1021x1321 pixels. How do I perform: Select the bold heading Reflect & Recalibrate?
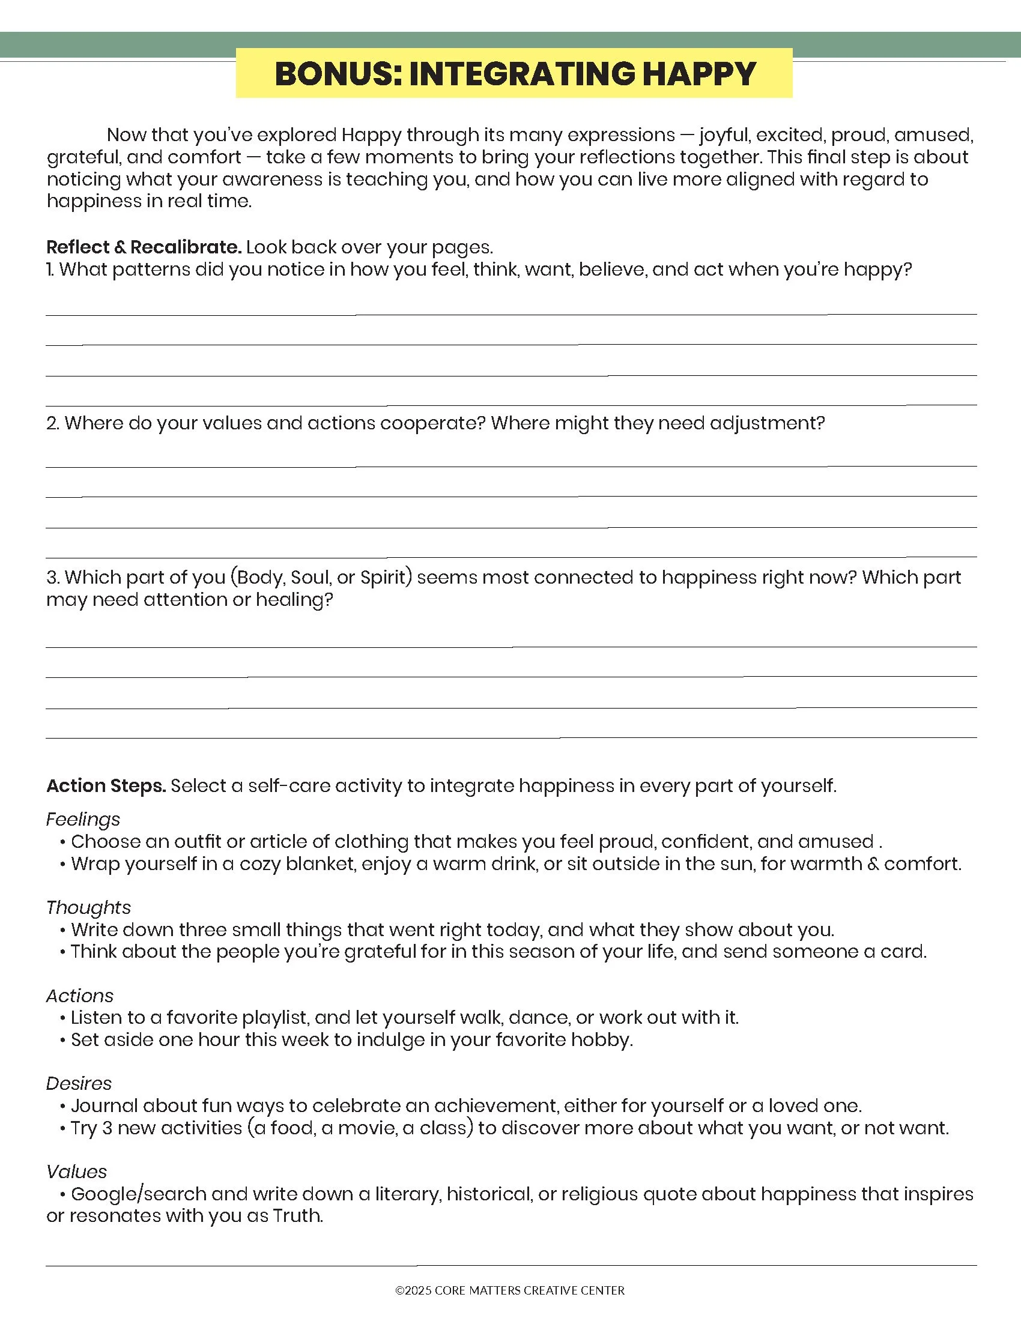tap(144, 247)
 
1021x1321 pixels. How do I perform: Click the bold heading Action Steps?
tap(106, 786)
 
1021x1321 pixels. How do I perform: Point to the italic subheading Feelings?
tap(83, 819)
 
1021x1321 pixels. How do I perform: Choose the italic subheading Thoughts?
tap(88, 907)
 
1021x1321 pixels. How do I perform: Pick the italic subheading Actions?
tap(80, 996)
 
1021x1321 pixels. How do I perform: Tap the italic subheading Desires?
tap(79, 1083)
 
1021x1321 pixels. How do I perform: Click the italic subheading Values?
tap(76, 1171)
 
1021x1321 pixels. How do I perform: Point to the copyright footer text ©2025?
tap(414, 1290)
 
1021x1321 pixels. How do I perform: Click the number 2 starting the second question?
tap(52, 423)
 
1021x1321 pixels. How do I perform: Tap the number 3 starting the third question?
tap(52, 577)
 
